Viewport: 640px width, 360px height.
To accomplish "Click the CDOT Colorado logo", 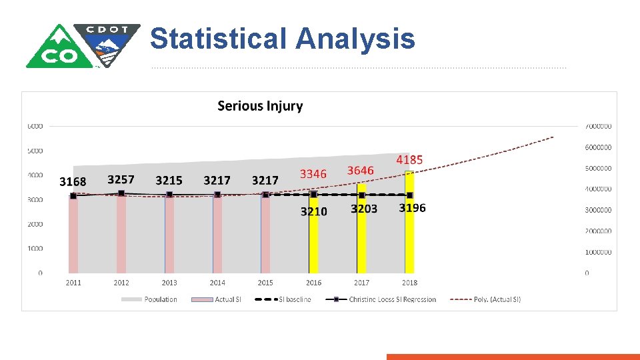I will pos(83,45).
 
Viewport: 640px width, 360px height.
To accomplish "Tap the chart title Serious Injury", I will pos(260,106).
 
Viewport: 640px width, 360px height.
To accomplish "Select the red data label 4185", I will pos(409,160).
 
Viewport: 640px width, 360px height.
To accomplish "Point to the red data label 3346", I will pos(313,174).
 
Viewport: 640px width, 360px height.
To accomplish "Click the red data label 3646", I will pos(361,171).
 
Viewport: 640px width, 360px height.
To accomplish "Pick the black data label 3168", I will pos(73,181).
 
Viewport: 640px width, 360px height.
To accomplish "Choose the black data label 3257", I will pos(121,179).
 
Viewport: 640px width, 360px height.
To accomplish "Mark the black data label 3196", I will pos(412,208).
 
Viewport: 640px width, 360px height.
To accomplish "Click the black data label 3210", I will pos(313,211).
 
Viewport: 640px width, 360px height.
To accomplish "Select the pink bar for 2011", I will pos(73,237).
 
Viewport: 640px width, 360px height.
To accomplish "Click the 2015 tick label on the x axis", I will pos(265,283).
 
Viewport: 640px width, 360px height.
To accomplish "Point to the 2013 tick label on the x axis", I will pos(169,283).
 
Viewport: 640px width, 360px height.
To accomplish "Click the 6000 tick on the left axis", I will pos(35,126).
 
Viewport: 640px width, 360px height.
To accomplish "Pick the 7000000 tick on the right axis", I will pos(598,126).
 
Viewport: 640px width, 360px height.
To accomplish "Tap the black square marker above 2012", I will pos(121,193).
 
